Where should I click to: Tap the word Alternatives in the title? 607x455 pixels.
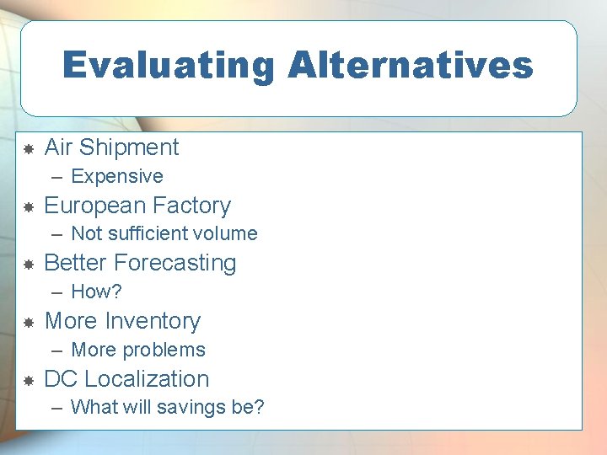[411, 66]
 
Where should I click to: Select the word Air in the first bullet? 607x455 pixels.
[58, 147]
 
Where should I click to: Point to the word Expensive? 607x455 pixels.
[117, 177]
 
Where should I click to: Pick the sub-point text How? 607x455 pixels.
[96, 292]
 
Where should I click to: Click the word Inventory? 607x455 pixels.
[153, 321]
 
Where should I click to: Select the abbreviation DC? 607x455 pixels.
[61, 379]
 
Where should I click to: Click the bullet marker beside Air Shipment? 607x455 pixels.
[28, 149]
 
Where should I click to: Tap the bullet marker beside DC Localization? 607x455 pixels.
[28, 381]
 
